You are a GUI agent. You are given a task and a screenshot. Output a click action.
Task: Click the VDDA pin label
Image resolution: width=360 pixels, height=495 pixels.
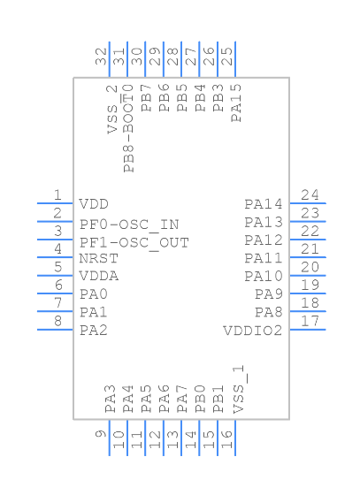click(98, 276)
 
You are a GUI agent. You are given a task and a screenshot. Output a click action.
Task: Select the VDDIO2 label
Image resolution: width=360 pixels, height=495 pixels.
click(253, 331)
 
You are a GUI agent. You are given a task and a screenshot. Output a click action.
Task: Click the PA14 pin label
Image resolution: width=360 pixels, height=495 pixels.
click(264, 204)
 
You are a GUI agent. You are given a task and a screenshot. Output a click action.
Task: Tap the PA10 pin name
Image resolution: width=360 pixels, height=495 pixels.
click(264, 277)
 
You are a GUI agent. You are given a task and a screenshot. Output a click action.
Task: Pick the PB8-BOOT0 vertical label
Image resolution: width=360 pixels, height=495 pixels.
click(129, 128)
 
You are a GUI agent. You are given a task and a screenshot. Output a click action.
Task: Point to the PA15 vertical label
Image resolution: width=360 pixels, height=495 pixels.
click(235, 102)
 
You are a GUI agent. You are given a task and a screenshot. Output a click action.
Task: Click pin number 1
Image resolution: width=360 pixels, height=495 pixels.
click(57, 195)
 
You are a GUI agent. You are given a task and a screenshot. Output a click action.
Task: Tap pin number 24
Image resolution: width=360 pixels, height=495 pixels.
click(310, 195)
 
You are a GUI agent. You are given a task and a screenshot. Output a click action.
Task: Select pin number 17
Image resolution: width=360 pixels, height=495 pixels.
click(310, 321)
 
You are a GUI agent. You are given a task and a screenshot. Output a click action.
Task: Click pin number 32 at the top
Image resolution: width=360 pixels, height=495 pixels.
click(102, 57)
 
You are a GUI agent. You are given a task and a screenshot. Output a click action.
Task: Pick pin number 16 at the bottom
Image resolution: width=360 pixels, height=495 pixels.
click(228, 436)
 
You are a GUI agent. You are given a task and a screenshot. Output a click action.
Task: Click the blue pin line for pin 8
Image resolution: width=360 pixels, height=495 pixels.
click(54, 330)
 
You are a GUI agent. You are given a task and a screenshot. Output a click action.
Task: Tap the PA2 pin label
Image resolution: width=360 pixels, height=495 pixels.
click(94, 331)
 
